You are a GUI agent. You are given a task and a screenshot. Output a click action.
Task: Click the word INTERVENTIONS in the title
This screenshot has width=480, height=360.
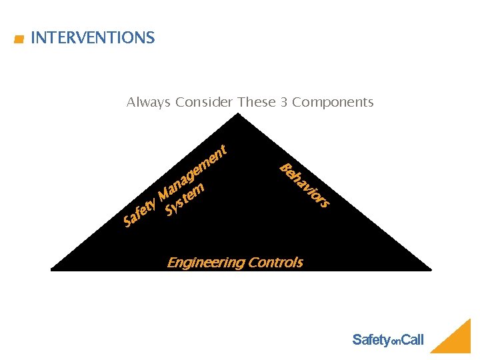tap(93, 38)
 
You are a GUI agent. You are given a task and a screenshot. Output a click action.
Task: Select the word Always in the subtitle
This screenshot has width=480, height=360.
tap(149, 103)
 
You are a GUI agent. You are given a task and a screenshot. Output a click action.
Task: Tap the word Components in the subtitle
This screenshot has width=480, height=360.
tap(333, 103)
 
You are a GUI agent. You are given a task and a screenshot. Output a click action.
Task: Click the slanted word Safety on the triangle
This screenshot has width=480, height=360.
tap(139, 212)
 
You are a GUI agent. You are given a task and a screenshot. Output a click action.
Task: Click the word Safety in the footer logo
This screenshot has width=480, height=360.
tap(371, 340)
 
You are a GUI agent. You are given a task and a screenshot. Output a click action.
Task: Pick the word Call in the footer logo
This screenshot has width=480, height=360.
tap(412, 340)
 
